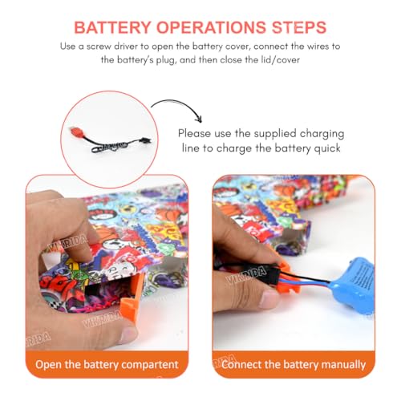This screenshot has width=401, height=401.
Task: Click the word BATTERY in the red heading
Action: point(112,27)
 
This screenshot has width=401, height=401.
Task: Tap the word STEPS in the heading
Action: point(299,27)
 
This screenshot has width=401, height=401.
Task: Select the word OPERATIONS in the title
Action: point(212,27)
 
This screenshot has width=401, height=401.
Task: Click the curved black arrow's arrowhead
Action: point(198,119)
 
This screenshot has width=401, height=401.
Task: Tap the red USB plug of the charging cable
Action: point(76,131)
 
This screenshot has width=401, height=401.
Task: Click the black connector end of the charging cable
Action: point(146,140)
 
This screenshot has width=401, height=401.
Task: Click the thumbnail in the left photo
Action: point(129,334)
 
